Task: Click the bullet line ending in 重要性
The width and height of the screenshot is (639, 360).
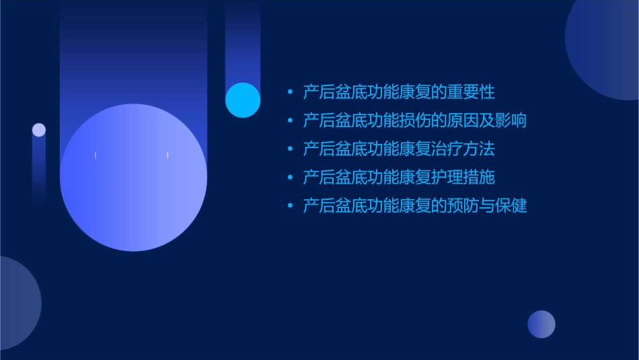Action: point(399,92)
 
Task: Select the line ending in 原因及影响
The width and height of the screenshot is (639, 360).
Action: point(414,120)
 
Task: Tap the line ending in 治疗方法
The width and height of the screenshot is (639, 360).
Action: point(399,149)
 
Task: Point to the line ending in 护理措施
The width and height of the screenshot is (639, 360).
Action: point(399,178)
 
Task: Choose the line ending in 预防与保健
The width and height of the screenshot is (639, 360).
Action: point(414,206)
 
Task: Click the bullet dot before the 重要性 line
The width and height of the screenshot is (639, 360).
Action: point(290,92)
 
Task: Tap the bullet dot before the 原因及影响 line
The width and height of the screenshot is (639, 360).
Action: point(290,121)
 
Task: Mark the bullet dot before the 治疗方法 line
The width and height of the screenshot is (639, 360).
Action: point(290,149)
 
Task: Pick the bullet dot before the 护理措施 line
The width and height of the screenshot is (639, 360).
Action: point(290,178)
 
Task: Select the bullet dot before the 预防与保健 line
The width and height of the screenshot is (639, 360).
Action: point(290,207)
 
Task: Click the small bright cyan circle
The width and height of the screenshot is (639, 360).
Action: point(243,100)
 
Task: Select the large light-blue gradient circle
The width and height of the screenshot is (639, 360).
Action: point(133,178)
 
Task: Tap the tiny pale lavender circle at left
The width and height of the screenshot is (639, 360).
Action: point(39,130)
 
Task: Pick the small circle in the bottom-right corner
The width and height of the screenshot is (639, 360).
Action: point(541,324)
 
